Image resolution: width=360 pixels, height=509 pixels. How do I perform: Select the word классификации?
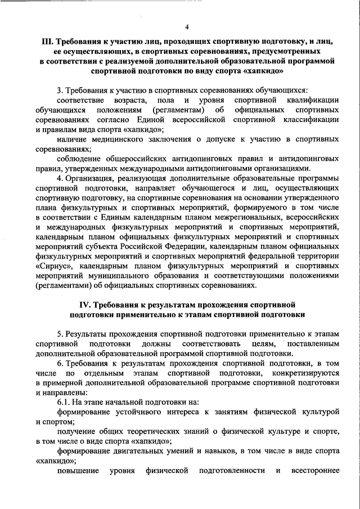312,120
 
